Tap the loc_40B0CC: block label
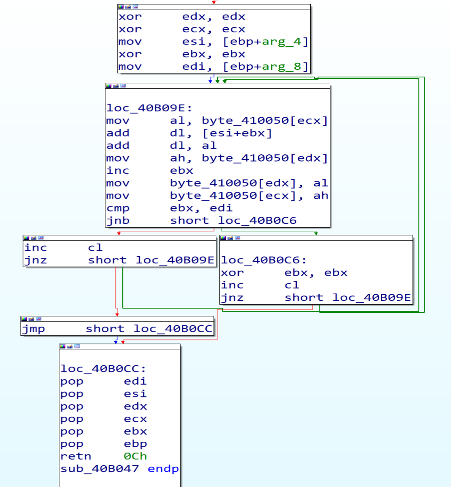coord(104,368)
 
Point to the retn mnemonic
coord(76,456)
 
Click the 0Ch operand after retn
coord(135,456)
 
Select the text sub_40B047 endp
coord(119,468)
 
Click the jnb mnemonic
coord(118,220)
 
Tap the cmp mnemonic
coord(118,208)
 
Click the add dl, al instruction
coord(161,146)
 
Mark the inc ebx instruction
coord(149,171)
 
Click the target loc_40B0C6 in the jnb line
coord(257,220)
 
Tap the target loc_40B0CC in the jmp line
coord(173,329)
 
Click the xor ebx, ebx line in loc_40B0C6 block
coord(284,272)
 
